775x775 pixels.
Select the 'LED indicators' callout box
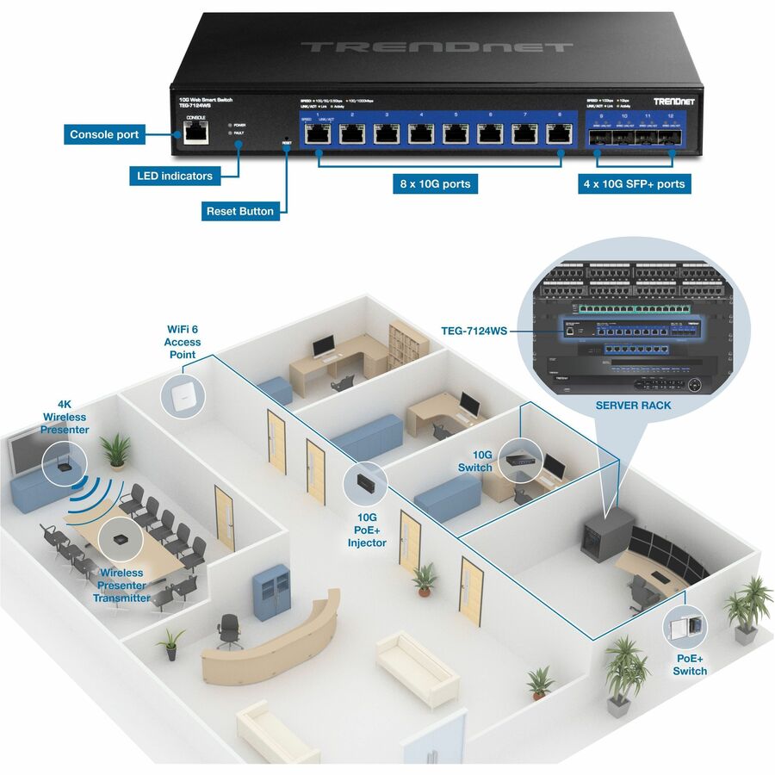tap(175, 176)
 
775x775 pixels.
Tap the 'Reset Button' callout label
tap(239, 211)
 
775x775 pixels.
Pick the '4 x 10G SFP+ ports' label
tap(635, 183)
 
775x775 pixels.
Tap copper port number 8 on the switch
tap(559, 133)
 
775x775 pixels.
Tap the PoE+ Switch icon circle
tap(685, 627)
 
